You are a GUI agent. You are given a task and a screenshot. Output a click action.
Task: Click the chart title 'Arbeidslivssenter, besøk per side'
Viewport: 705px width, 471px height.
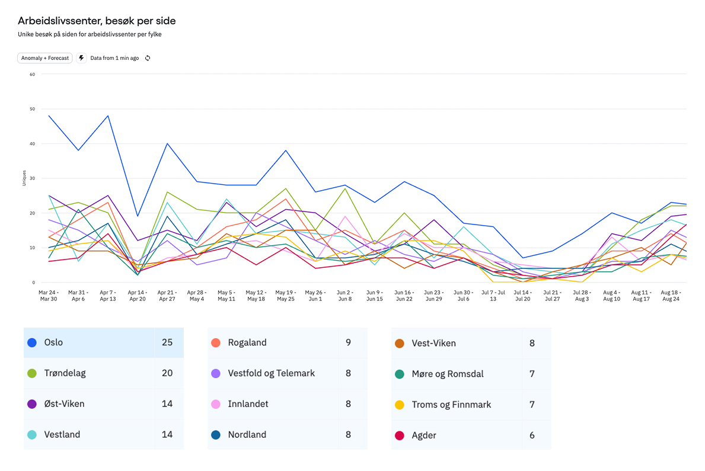coord(97,21)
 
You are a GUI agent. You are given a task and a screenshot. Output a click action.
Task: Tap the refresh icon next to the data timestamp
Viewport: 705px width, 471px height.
coord(148,58)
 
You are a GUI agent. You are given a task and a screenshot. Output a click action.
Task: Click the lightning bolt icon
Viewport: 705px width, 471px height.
coord(81,58)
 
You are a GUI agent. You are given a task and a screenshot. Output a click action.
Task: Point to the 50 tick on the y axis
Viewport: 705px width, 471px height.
coord(32,109)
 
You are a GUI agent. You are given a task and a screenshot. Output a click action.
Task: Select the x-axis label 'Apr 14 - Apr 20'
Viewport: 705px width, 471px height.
coord(138,296)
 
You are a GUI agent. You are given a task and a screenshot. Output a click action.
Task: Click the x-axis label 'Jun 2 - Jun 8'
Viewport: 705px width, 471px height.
coord(344,296)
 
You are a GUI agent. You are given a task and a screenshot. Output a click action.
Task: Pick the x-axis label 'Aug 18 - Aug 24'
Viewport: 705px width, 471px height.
coord(671,296)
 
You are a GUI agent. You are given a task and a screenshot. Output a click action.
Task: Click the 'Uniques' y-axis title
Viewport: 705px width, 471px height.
coord(23,178)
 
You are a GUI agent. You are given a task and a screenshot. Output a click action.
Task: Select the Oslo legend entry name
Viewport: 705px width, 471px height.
coord(53,342)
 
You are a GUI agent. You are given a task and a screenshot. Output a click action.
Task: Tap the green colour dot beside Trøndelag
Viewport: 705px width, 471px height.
coord(32,373)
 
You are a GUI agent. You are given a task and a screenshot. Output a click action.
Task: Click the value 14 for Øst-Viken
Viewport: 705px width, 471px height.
coord(167,404)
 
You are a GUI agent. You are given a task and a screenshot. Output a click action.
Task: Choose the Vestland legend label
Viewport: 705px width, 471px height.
coord(62,435)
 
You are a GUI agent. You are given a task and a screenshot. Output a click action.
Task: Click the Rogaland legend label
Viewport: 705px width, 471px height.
coord(247,342)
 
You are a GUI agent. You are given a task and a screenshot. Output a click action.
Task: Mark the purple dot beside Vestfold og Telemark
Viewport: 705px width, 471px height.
coord(216,373)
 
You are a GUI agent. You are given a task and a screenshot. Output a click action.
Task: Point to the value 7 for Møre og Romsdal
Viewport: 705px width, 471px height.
coord(532,374)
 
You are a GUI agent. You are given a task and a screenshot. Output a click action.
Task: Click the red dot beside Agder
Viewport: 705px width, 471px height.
coord(400,435)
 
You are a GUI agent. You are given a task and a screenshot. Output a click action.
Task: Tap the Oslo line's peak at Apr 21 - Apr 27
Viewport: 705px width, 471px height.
coord(167,143)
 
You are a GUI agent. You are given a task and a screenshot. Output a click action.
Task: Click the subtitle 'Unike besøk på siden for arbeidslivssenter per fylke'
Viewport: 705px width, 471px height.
coord(90,34)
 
